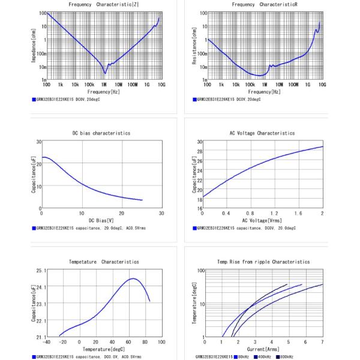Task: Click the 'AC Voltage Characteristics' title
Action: [x=262, y=133]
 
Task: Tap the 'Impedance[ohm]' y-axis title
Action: [x=34, y=47]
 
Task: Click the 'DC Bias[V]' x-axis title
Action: [x=100, y=221]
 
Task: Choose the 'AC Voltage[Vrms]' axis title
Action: [x=262, y=221]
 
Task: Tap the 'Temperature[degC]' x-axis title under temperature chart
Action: [x=104, y=349]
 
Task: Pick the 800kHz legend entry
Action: [x=285, y=357]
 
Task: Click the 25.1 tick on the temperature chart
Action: [x=39, y=271]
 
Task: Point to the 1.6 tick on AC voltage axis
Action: [x=298, y=214]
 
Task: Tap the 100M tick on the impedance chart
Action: [x=133, y=85]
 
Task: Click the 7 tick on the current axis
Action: [x=322, y=342]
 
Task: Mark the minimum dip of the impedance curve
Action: [x=105, y=73]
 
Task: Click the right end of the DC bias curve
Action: [x=142, y=200]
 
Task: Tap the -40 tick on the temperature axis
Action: [x=46, y=342]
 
